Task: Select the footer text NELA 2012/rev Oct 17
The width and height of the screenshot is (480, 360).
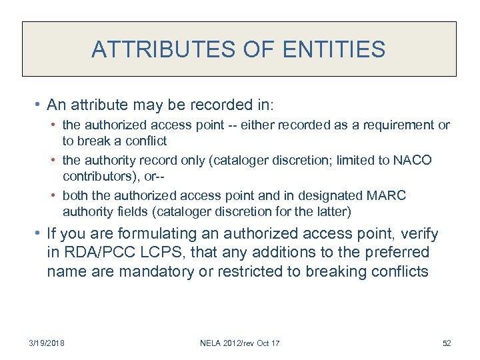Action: (x=239, y=343)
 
